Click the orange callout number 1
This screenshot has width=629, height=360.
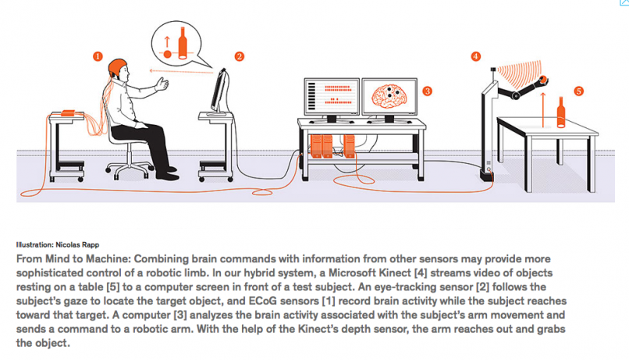pyautogui.click(x=97, y=56)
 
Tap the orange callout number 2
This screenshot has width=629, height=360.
pyautogui.click(x=240, y=56)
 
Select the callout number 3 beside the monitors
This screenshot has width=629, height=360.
pyautogui.click(x=427, y=91)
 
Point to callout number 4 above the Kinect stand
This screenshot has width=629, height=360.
pyautogui.click(x=476, y=56)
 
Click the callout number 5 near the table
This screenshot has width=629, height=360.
pyautogui.click(x=578, y=91)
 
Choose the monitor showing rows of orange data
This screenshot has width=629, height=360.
pyautogui.click(x=329, y=98)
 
